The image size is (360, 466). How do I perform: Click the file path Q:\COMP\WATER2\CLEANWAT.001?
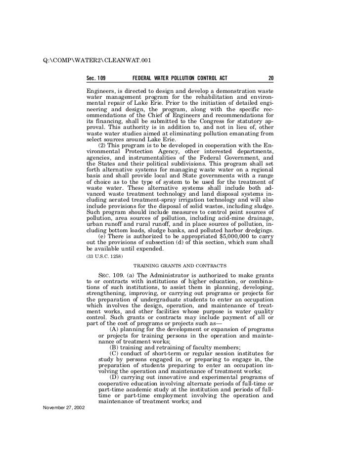pos(97,61)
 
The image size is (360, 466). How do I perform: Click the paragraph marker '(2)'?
pos(104,145)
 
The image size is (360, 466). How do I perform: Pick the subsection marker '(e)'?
pos(103,237)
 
